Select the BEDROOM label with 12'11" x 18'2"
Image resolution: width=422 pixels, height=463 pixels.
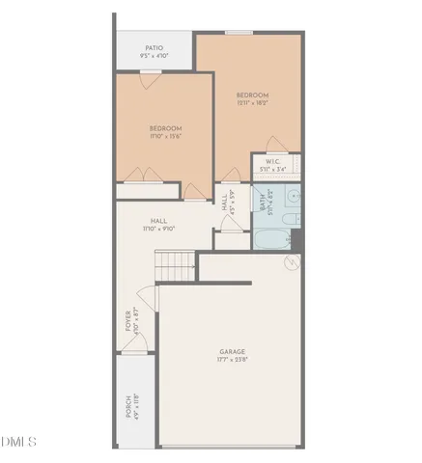coord(253,95)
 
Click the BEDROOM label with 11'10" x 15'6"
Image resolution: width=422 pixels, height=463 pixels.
coord(165,128)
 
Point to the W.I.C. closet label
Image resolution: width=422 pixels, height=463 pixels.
coord(273,162)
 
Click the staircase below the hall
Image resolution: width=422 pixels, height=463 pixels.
coord(175,264)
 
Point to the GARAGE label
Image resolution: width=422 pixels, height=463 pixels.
coord(232,352)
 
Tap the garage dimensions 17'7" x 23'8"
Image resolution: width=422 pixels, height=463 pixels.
coord(232,361)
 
